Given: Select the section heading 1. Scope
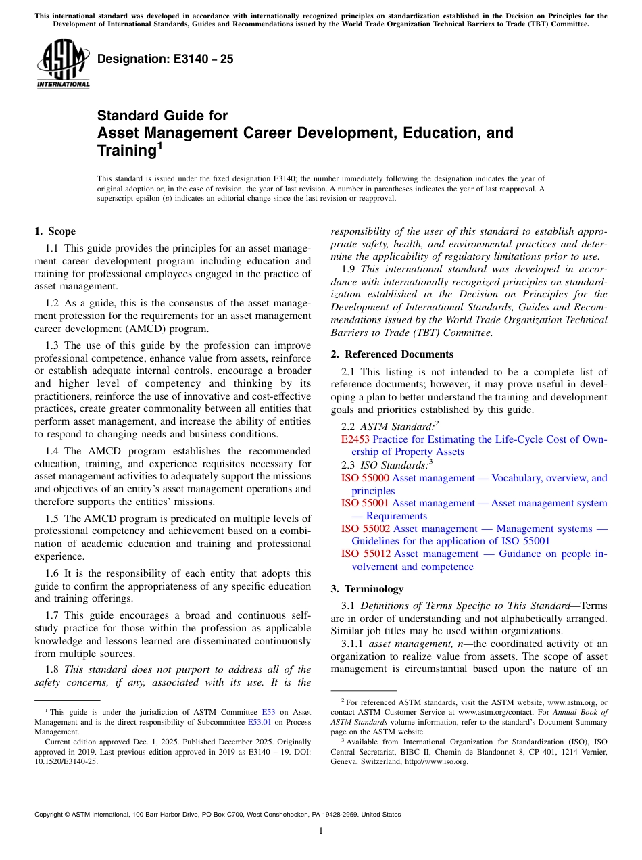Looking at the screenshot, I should [55, 231].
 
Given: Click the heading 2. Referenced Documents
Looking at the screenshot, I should [392, 354].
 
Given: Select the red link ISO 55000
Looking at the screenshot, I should [365, 478].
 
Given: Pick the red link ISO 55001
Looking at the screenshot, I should [365, 503].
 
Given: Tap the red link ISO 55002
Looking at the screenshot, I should [365, 529].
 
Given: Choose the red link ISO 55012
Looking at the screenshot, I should [366, 554].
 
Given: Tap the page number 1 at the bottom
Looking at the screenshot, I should [321, 831].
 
